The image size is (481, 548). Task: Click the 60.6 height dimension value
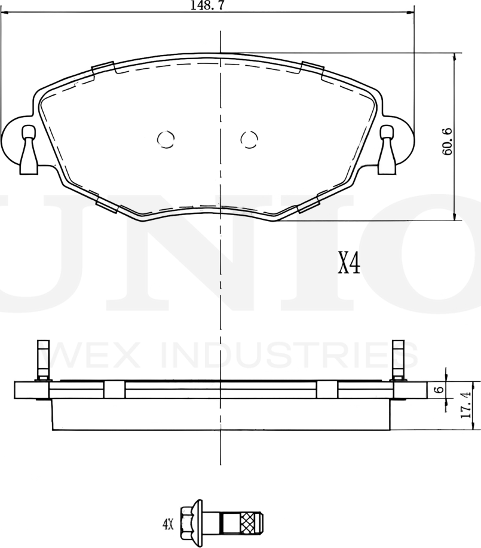pos(446,142)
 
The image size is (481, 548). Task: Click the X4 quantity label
pos(349,263)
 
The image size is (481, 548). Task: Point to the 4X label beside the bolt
pos(167,525)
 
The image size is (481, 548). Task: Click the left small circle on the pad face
pos(166,139)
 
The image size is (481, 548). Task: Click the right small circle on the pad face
pos(249,139)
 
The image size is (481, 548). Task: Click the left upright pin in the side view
pos(42,360)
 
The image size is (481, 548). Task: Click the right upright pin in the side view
pos(399,360)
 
